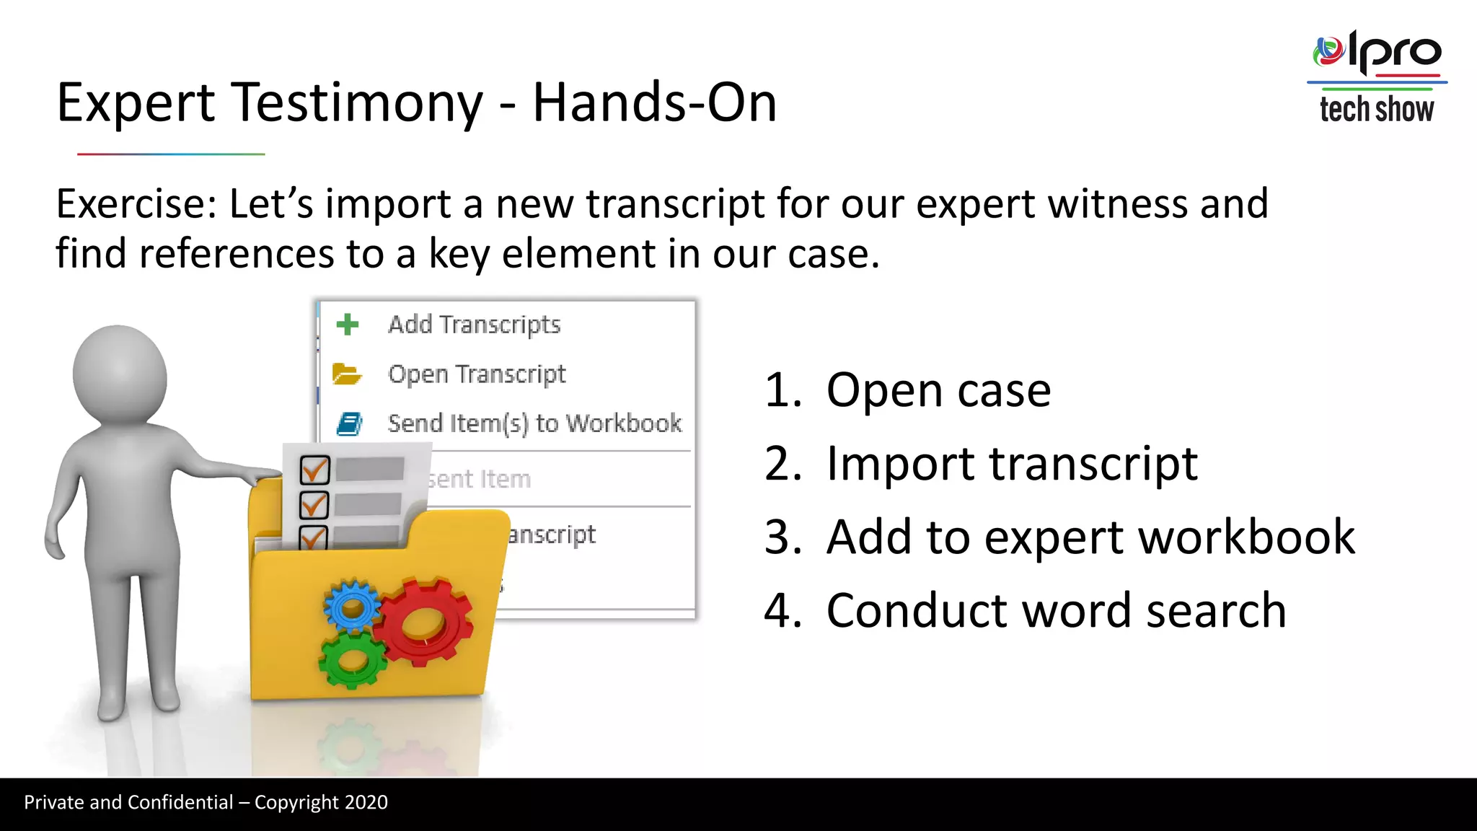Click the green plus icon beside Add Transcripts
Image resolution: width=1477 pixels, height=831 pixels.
(348, 325)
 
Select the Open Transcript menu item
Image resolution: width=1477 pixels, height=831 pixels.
(476, 374)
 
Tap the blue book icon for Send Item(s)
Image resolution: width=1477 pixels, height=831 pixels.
(350, 423)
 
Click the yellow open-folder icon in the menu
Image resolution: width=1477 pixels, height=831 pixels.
(346, 374)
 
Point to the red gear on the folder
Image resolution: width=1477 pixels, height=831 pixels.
(424, 621)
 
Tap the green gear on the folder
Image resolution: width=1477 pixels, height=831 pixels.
(353, 660)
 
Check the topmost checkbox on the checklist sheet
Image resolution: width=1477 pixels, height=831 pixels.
(314, 470)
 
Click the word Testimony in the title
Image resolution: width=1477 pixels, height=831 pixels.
(358, 102)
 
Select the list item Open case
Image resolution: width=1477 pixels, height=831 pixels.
(938, 390)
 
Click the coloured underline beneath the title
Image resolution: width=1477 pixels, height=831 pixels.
(171, 154)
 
